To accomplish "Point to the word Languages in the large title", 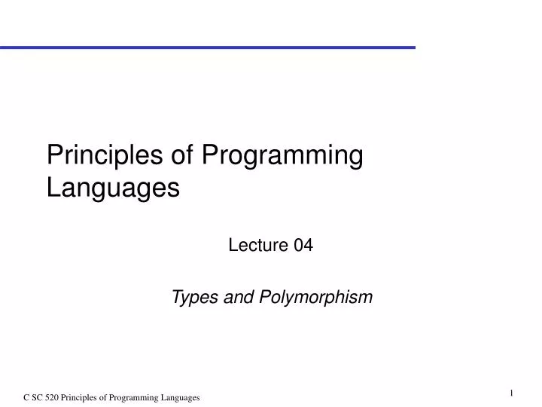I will (x=113, y=187).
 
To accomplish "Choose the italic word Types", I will (x=193, y=298).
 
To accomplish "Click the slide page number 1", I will (x=511, y=392).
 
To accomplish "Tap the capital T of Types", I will (x=177, y=298).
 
